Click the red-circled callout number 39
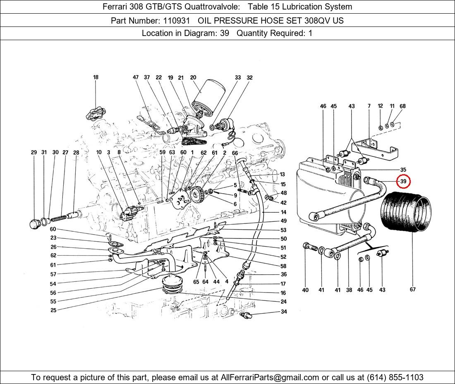(x=403, y=181)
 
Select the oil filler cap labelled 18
(x=96, y=113)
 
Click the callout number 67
(x=412, y=290)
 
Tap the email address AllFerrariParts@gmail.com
(x=270, y=377)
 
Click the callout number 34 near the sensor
(x=284, y=312)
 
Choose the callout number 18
(x=96, y=77)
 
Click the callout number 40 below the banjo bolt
(x=305, y=290)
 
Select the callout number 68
(x=402, y=106)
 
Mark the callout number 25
(x=53, y=310)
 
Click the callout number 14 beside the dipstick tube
(x=283, y=212)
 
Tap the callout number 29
(x=34, y=153)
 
